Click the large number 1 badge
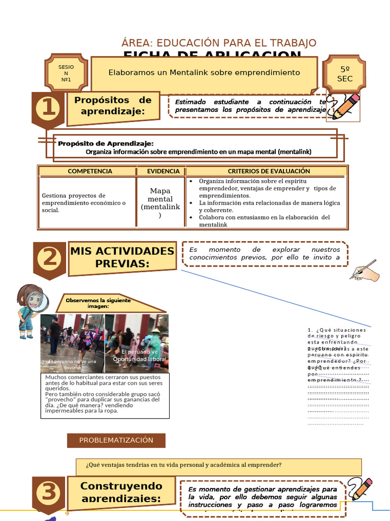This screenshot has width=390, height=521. click(x=48, y=108)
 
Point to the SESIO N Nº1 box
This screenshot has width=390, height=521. click(x=66, y=73)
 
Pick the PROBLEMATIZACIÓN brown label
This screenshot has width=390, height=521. click(x=116, y=440)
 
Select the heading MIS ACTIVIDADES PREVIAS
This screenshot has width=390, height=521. click(x=122, y=257)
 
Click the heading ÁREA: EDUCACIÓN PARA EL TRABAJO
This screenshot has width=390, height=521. click(x=219, y=43)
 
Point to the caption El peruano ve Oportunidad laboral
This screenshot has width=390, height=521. click(x=140, y=356)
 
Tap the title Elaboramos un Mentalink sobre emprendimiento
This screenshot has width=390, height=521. click(x=204, y=73)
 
